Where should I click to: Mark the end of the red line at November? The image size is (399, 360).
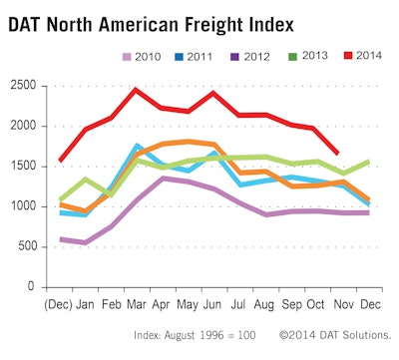(339, 153)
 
